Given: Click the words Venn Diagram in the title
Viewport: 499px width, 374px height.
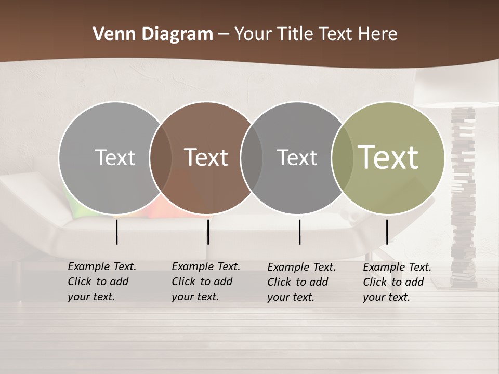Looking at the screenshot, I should pyautogui.click(x=152, y=34).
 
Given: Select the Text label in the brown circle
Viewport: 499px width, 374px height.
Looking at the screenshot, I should pyautogui.click(x=206, y=157).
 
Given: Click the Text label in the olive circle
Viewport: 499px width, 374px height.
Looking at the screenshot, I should pyautogui.click(x=388, y=157).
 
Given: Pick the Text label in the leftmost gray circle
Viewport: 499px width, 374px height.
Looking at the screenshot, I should pyautogui.click(x=115, y=157).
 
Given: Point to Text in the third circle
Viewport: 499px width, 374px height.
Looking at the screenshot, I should pyautogui.click(x=297, y=157).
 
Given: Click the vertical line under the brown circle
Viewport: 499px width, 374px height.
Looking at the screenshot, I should pyautogui.click(x=208, y=232).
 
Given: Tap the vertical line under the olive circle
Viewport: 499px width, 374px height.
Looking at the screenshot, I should pyautogui.click(x=387, y=232).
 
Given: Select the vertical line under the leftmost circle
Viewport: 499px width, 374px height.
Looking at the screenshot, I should pyautogui.click(x=116, y=232).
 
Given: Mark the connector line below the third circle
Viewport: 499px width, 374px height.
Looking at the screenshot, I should pyautogui.click(x=299, y=232).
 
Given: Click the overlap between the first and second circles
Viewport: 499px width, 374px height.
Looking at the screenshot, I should pyautogui.click(x=161, y=157).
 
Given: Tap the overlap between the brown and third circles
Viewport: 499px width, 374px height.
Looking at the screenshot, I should pyautogui.click(x=252, y=157).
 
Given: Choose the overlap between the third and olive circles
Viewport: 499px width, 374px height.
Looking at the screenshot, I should pyautogui.click(x=342, y=157).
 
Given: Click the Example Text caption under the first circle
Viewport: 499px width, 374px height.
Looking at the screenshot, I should pyautogui.click(x=101, y=282).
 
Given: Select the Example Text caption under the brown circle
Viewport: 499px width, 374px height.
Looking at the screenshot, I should pyautogui.click(x=205, y=282).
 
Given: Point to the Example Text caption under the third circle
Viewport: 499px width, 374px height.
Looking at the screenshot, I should pyautogui.click(x=301, y=282).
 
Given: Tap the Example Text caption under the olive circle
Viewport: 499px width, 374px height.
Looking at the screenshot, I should pyautogui.click(x=397, y=282).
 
